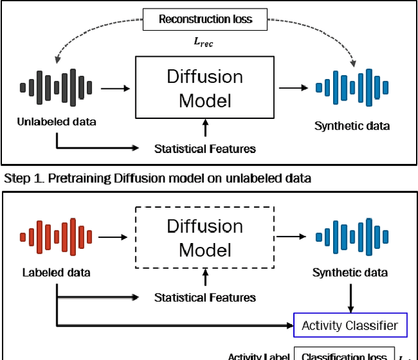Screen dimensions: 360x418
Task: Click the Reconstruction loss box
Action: coord(204,20)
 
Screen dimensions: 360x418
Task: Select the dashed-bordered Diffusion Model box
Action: coord(204,237)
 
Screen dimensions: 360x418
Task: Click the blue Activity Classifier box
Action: coord(349,325)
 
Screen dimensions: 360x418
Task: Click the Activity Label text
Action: coord(258,357)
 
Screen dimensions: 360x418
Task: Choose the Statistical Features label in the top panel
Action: coord(205,149)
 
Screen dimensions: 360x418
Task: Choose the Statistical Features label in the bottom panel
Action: coord(205,298)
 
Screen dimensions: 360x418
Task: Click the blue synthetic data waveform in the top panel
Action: coord(351,87)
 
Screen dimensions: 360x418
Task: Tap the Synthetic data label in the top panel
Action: coord(352,125)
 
